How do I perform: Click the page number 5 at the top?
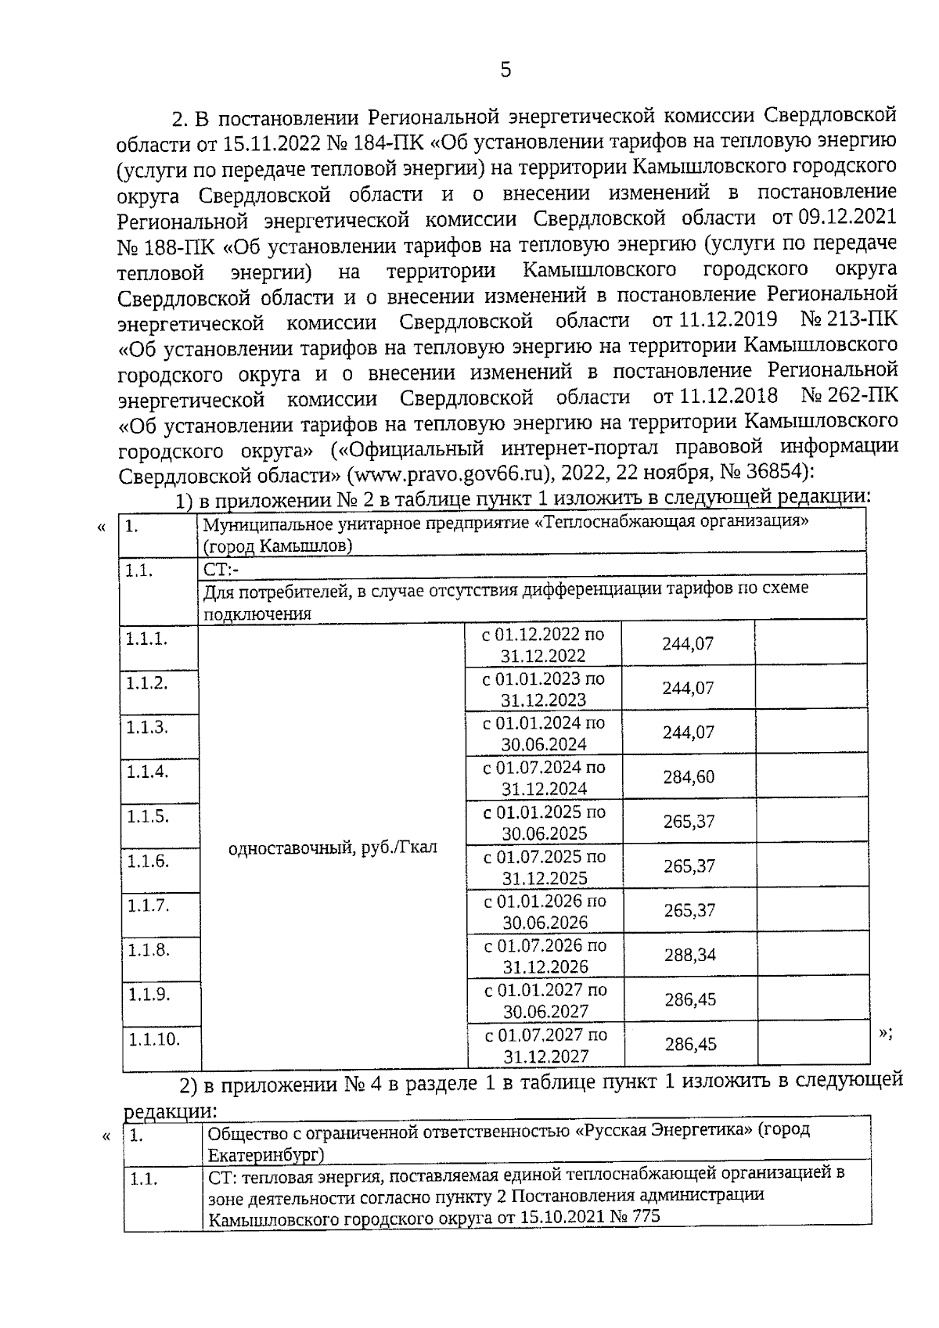point(505,70)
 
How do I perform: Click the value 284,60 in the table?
point(688,778)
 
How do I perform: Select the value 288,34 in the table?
point(689,956)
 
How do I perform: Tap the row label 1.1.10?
point(154,1040)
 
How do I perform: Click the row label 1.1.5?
point(147,817)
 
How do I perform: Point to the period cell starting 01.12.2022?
point(543,644)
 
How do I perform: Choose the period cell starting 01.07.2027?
point(545,1045)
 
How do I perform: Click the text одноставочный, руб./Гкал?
point(333,848)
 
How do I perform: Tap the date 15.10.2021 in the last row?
point(570,1217)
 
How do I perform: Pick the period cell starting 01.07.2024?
point(545,778)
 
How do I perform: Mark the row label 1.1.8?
point(147,951)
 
